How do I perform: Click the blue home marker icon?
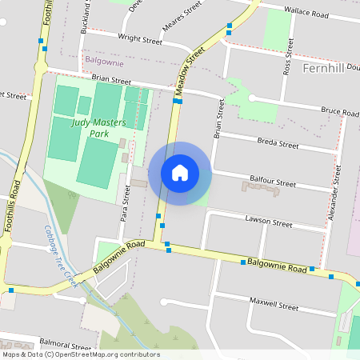pyautogui.click(x=180, y=173)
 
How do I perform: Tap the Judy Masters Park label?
pyautogui.click(x=100, y=128)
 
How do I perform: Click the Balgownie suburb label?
pyautogui.click(x=104, y=62)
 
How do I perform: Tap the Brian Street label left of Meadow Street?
pyautogui.click(x=111, y=80)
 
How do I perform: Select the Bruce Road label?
pyautogui.click(x=340, y=110)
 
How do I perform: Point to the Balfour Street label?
pyautogui.click(x=274, y=184)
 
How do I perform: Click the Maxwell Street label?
pyautogui.click(x=274, y=306)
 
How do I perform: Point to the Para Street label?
pyautogui.click(x=125, y=203)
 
